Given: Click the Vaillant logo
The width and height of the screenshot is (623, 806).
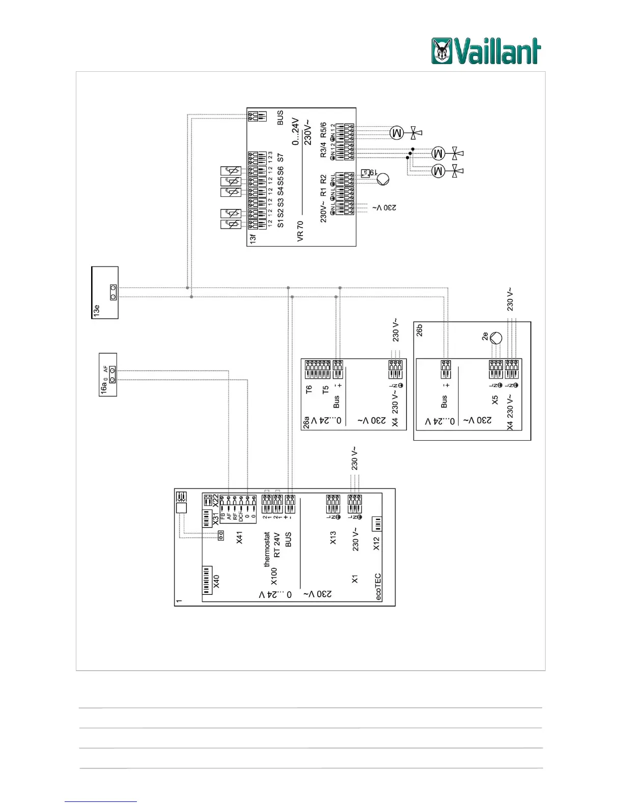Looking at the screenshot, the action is point(486,51).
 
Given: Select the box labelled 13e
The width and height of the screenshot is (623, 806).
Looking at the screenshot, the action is point(105,293).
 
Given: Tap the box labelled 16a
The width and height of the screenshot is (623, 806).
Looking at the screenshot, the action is point(108,375).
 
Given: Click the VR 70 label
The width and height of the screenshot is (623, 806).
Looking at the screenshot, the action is point(300,231).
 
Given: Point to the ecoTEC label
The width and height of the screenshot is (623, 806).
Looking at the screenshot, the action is point(378,587).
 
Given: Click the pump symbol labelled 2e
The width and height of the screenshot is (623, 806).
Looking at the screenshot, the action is point(495,338).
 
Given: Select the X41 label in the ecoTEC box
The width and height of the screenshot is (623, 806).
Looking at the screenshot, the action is point(240,537).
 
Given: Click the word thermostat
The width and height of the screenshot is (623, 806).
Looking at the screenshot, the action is point(267,550).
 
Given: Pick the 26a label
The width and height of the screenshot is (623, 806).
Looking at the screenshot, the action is point(306,423).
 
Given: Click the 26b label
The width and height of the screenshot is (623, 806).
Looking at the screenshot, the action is point(420,330).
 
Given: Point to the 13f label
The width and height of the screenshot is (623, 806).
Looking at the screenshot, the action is point(253,238).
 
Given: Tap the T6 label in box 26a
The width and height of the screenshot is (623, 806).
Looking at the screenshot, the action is point(308,390).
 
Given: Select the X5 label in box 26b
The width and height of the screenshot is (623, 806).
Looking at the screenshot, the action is point(495,400).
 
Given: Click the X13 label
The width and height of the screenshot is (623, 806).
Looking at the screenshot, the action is point(333,538).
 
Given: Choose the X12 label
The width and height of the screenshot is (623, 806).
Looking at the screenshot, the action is point(377,543).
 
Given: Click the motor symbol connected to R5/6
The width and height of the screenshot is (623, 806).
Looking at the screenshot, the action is point(397,133).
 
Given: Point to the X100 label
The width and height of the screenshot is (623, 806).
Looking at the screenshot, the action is point(274,577).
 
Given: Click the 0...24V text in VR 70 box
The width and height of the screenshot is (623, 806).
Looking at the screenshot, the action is point(296,132).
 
